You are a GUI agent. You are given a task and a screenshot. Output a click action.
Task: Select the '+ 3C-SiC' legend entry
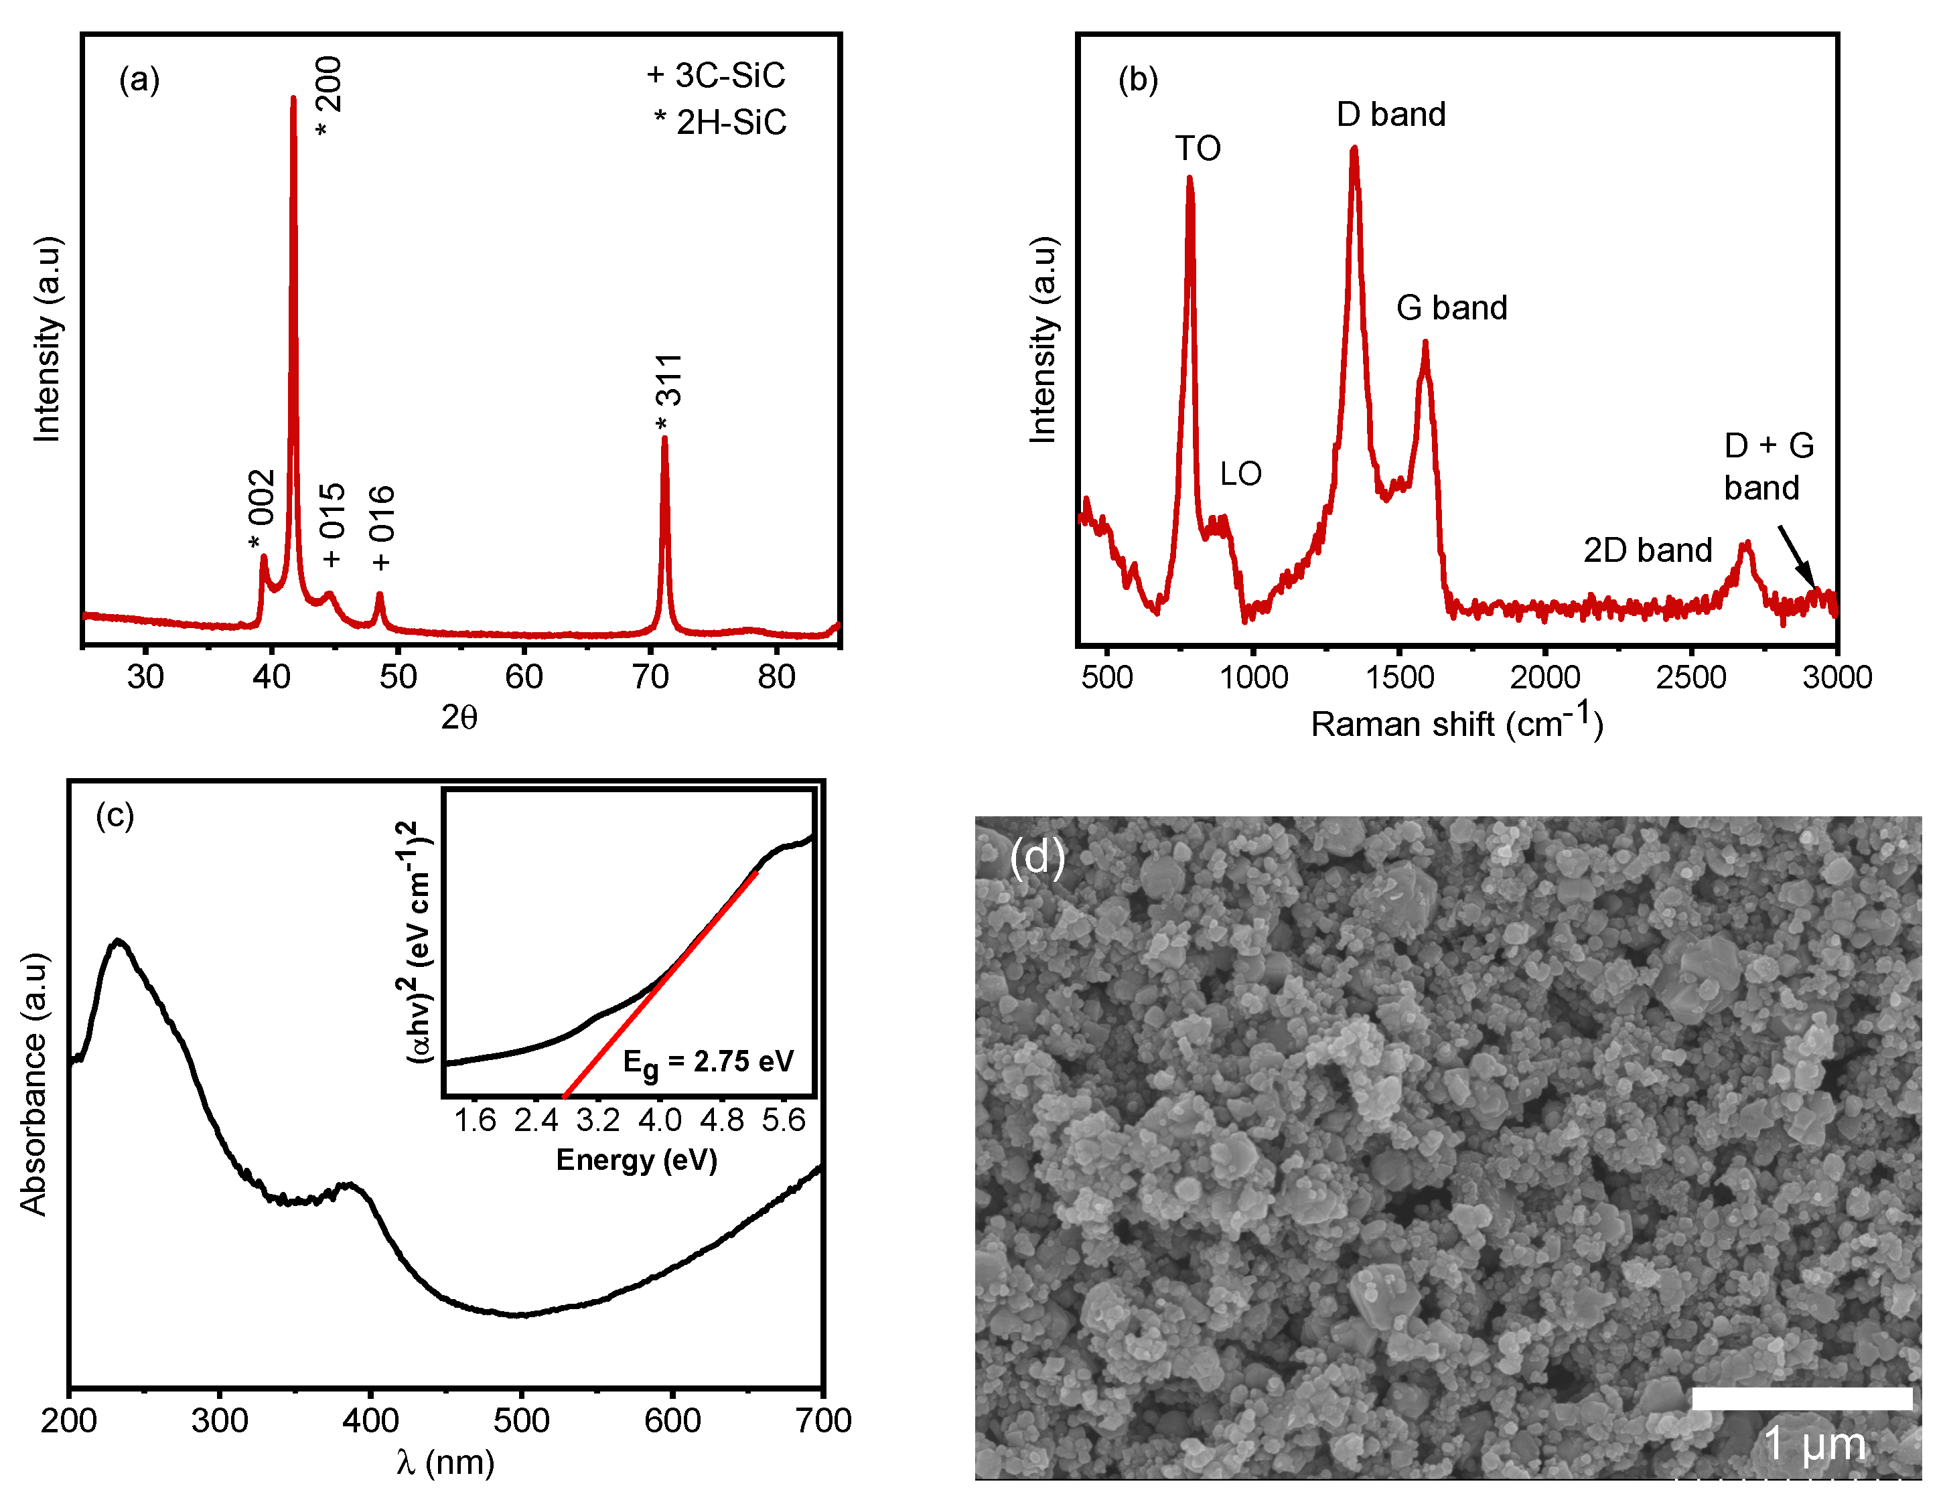click(716, 76)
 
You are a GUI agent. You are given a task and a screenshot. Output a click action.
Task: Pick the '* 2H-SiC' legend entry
click(720, 122)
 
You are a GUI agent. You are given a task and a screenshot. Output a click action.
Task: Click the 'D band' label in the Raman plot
click(1390, 114)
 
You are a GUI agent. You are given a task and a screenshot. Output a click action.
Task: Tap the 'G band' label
click(1451, 307)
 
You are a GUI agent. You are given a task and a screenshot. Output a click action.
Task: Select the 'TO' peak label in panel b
click(1198, 148)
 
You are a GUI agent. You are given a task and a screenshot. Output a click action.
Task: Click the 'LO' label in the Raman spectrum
click(1240, 473)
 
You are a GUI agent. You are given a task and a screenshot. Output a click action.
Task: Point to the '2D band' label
click(1648, 550)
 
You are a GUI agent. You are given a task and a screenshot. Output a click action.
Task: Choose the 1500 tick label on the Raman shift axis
click(1400, 676)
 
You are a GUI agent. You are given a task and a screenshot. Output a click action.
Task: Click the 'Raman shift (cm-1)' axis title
click(1457, 723)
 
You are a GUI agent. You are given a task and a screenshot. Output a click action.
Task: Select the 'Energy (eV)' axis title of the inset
click(636, 1160)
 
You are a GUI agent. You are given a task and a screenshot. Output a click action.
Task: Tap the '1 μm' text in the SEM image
click(1814, 1443)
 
